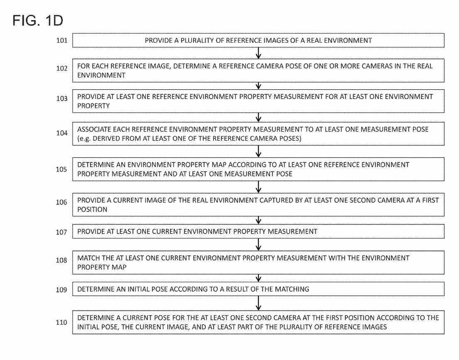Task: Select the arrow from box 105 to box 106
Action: (258, 186)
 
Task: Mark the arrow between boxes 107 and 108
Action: (258, 244)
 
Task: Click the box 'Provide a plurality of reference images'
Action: (258, 41)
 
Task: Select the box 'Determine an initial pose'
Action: (258, 289)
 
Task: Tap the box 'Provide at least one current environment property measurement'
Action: (258, 232)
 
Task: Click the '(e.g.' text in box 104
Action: (84, 139)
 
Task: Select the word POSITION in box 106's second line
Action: (92, 210)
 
